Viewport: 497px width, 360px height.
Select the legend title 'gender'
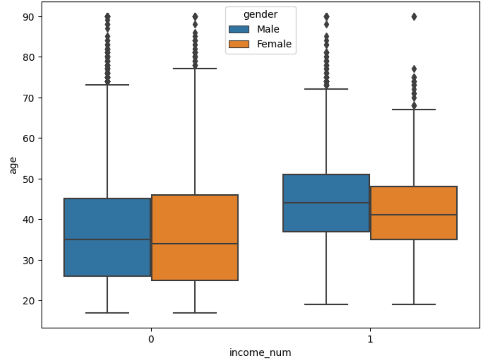coord(260,15)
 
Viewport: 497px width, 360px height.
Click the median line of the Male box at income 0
coord(107,240)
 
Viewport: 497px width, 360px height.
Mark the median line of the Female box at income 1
coord(414,215)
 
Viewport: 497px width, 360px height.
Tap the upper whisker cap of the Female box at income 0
coord(195,68)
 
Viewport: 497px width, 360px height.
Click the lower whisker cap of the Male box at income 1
coord(326,304)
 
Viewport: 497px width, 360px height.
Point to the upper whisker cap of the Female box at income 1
coord(414,110)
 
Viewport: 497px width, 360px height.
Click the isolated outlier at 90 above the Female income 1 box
coord(414,17)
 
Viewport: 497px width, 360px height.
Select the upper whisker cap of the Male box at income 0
coord(107,85)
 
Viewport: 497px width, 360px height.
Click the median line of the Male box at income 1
coord(326,203)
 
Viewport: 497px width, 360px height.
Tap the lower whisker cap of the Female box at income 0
coord(195,312)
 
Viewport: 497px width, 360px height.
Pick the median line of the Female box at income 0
coord(195,244)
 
